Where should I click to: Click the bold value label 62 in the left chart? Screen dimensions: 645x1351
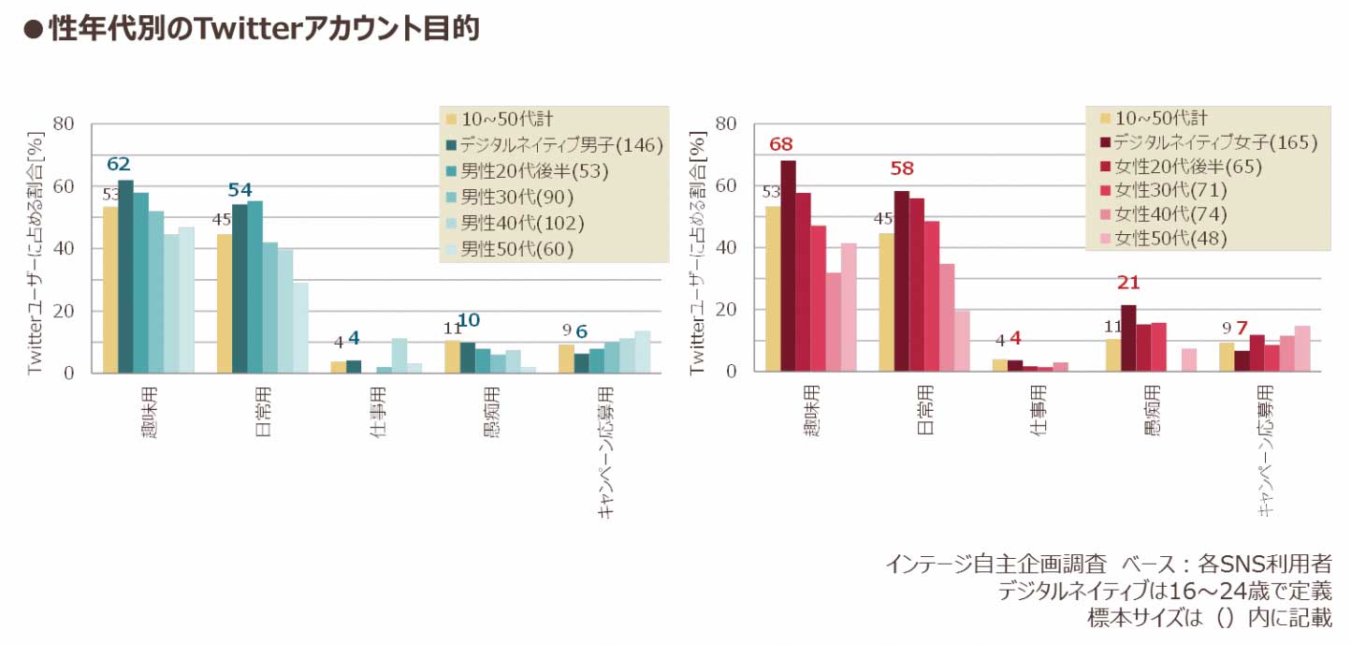(x=118, y=165)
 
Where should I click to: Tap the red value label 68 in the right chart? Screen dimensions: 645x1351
(x=781, y=145)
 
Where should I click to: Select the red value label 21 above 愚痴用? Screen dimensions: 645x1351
(x=1128, y=283)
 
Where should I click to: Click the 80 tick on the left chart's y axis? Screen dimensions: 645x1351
(x=64, y=124)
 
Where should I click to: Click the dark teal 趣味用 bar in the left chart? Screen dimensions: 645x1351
(x=125, y=276)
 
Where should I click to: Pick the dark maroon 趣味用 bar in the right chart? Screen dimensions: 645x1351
(x=788, y=266)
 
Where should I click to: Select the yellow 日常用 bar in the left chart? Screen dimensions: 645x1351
(x=225, y=303)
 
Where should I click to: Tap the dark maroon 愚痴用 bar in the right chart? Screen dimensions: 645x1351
(x=1128, y=338)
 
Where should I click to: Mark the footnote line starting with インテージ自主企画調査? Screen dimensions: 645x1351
(x=1108, y=564)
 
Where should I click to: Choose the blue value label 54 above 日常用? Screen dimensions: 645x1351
(x=240, y=190)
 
